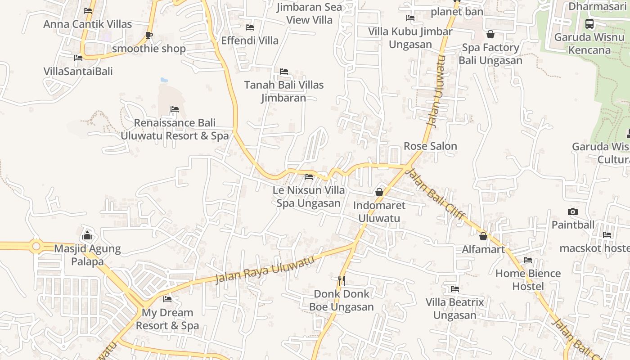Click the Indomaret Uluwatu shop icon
(x=379, y=192)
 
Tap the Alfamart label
(x=483, y=249)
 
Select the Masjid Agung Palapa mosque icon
(x=87, y=235)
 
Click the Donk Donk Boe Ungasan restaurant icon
(x=342, y=281)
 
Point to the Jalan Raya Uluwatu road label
(x=265, y=269)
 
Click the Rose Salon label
(x=430, y=146)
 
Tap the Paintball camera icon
(x=573, y=211)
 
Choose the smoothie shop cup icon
(x=149, y=35)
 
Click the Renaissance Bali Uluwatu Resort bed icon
(x=175, y=109)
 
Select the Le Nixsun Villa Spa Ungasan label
(x=309, y=197)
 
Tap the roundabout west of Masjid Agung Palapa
(x=36, y=246)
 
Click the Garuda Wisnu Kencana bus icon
(x=589, y=24)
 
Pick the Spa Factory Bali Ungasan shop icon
(x=490, y=34)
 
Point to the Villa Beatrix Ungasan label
(x=454, y=309)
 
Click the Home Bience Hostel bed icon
(x=528, y=260)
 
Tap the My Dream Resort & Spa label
(x=167, y=319)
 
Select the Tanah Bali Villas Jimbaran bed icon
(x=284, y=72)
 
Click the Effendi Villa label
(x=250, y=40)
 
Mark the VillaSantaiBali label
(x=78, y=71)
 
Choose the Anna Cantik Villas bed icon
(x=88, y=11)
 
